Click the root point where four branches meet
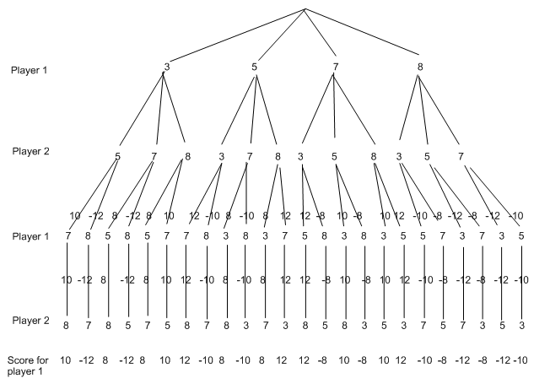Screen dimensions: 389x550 point(305,8)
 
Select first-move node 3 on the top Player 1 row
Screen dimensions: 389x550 point(166,66)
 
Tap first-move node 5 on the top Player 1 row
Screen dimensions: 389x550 point(254,66)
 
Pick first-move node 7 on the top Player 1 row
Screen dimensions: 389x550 point(335,66)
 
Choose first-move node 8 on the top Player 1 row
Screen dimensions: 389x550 point(419,66)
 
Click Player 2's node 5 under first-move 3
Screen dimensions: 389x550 point(117,156)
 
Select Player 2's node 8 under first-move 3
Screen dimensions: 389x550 point(186,156)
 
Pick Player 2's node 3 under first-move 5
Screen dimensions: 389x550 point(222,156)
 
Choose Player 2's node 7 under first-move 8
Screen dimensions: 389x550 point(461,156)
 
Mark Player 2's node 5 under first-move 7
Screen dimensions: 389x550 point(335,156)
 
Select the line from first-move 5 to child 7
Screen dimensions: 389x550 point(251,110)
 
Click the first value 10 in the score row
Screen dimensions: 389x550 point(66,360)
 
